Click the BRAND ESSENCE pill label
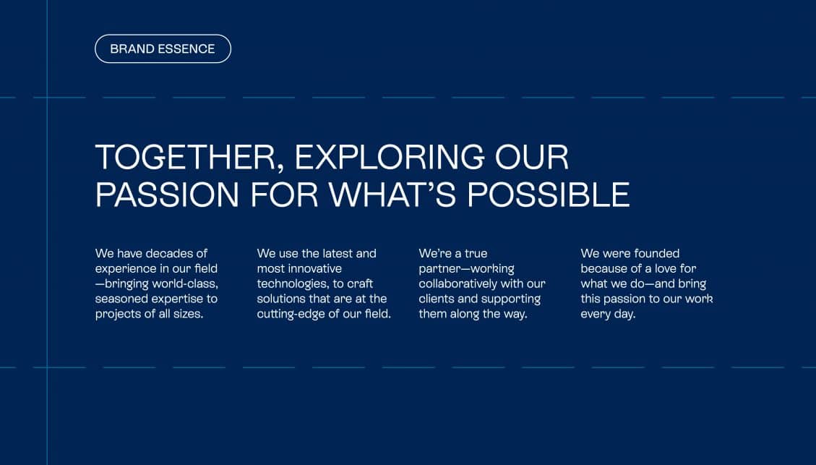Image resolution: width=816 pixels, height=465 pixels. point(163,49)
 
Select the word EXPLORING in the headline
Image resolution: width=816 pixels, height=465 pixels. point(390,157)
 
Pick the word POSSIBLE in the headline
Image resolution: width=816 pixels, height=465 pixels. point(549,195)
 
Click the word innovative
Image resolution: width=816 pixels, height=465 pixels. point(315,269)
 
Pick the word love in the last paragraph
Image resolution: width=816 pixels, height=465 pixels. point(666,269)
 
